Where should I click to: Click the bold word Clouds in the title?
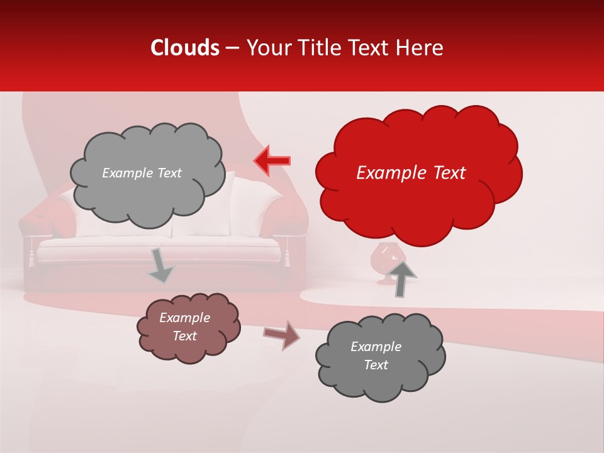(185, 48)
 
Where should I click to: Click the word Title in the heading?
(317, 48)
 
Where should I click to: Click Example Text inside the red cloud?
(411, 173)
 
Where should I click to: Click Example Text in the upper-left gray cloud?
(142, 173)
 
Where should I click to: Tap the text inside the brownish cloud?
(185, 327)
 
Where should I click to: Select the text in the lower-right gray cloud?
(376, 355)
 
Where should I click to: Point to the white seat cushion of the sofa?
(157, 249)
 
